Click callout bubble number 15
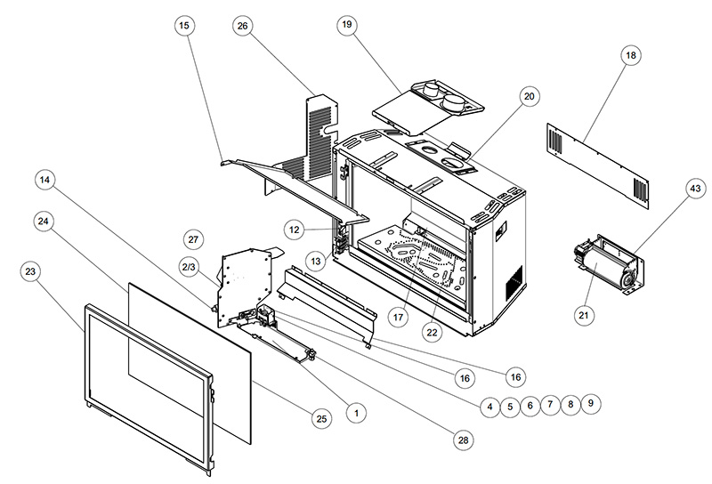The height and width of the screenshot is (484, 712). pyautogui.click(x=185, y=27)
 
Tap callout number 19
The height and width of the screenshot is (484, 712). pyautogui.click(x=346, y=25)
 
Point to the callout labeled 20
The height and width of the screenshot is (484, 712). pyautogui.click(x=530, y=97)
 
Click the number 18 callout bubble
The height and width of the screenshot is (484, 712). pyautogui.click(x=631, y=56)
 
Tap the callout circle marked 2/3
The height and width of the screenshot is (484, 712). pyautogui.click(x=188, y=266)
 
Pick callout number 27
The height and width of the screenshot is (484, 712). pyautogui.click(x=194, y=238)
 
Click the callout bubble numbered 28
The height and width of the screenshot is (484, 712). pyautogui.click(x=463, y=440)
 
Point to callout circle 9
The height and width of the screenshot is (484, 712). pyautogui.click(x=588, y=404)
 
